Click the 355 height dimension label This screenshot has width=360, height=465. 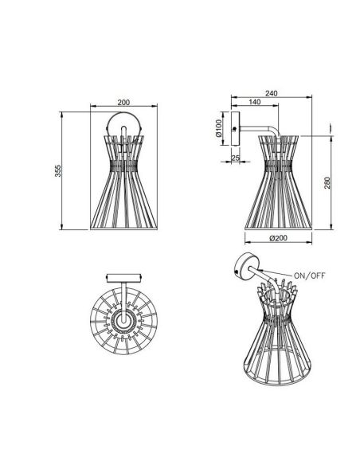pyautogui.click(x=58, y=171)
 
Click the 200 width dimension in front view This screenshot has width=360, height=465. pyautogui.click(x=123, y=102)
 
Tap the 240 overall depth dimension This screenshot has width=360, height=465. pyautogui.click(x=272, y=93)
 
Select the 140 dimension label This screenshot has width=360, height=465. pyautogui.click(x=254, y=102)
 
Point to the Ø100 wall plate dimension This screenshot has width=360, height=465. pyautogui.click(x=219, y=128)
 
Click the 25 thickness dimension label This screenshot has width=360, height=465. pyautogui.click(x=235, y=158)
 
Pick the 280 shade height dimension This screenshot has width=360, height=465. pyautogui.click(x=327, y=183)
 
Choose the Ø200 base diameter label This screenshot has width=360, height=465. pyautogui.click(x=278, y=238)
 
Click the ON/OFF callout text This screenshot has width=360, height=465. pyautogui.click(x=310, y=275)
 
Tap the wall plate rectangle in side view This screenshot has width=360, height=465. pyautogui.click(x=236, y=129)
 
